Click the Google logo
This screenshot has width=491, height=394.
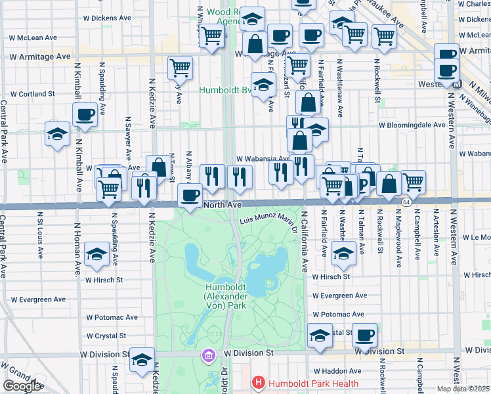[22, 386]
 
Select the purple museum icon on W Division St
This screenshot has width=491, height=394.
[209, 355]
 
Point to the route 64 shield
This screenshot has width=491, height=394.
[407, 202]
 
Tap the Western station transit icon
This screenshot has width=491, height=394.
[458, 84]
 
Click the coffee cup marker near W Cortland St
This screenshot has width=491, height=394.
[85, 115]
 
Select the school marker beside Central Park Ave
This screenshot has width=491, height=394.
[58, 135]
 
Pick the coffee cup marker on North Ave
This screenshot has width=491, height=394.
[190, 195]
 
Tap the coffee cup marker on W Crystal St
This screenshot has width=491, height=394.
[365, 335]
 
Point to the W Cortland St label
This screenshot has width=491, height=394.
[32, 94]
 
